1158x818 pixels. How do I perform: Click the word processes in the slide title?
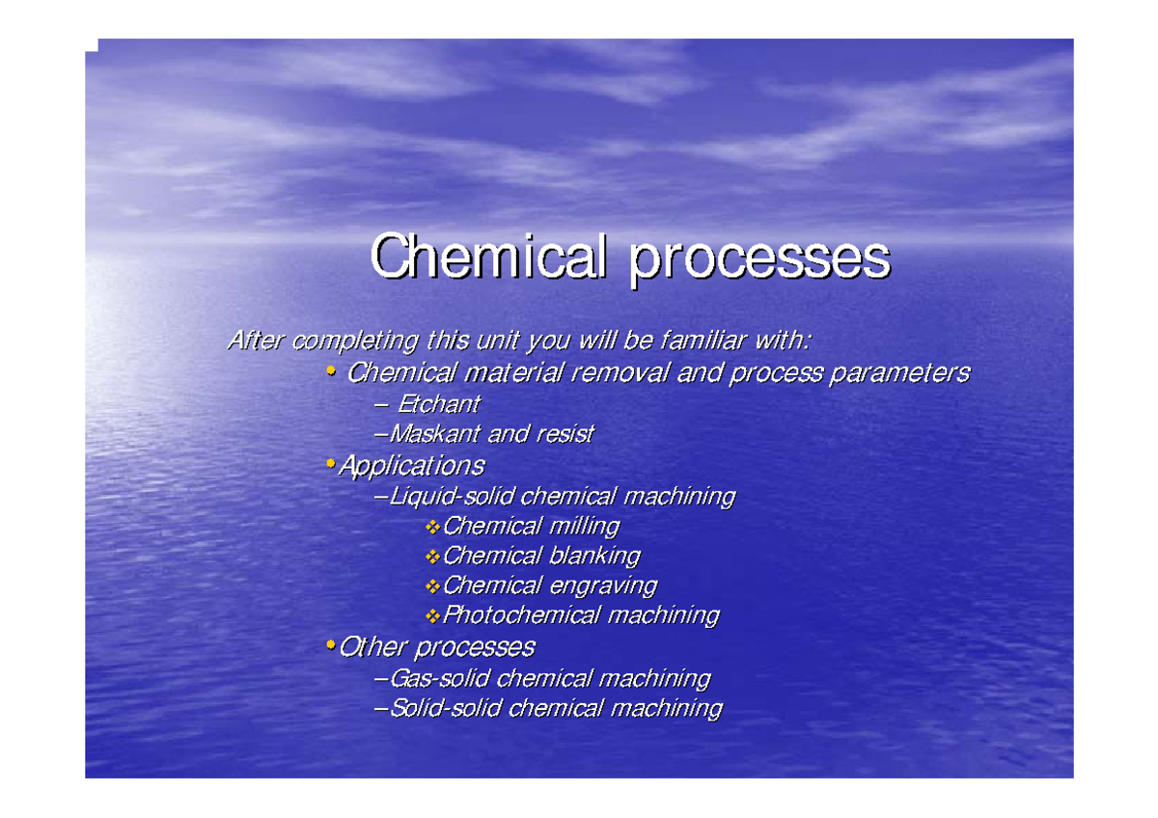pos(760,259)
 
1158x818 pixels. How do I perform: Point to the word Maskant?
pos(433,434)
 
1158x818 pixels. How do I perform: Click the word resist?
pos(566,434)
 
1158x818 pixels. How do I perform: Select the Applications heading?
pos(412,466)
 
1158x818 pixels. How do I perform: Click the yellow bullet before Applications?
pos(331,465)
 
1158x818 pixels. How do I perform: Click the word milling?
pos(584,527)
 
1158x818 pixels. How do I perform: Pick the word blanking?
pos(594,557)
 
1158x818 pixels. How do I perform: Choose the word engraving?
pos(603,586)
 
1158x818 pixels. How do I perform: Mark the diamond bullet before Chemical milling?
pos(431,527)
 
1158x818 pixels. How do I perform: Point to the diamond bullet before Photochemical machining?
pos(431,615)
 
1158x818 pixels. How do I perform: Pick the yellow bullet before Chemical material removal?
pos(331,371)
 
